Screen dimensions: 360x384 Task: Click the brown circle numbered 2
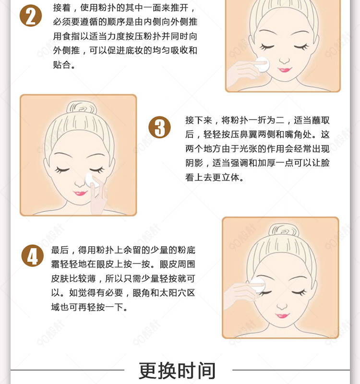click(31, 15)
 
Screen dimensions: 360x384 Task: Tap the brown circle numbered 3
click(160, 127)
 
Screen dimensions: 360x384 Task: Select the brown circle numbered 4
click(33, 256)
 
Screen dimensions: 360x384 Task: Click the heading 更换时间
click(177, 370)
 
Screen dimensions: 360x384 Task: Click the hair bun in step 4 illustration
click(284, 231)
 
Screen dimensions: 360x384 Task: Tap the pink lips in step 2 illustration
click(285, 70)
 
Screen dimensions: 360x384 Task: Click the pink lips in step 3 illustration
click(80, 193)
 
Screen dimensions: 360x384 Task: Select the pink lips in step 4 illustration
click(282, 315)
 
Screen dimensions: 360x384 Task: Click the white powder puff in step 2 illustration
click(262, 64)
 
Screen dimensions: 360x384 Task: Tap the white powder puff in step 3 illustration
click(92, 181)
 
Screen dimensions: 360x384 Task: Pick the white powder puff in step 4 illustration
click(258, 285)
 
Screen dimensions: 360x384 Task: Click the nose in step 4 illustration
click(282, 305)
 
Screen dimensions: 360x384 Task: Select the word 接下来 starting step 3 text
click(199, 120)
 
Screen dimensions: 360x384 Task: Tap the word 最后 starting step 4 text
click(60, 250)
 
